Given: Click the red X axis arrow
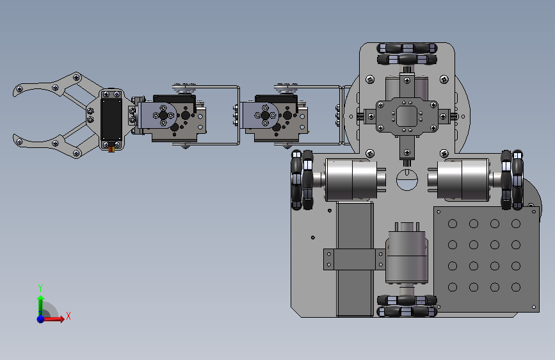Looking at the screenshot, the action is coord(53,318).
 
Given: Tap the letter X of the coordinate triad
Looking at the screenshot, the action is coord(68,316).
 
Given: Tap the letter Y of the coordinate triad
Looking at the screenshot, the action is coord(40,288).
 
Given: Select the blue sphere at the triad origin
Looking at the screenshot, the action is coord(41,319).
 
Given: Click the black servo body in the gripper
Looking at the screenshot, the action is coord(111,119).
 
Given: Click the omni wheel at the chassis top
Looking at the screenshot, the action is coord(407,54).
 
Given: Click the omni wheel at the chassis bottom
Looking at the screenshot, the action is coord(407,306).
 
